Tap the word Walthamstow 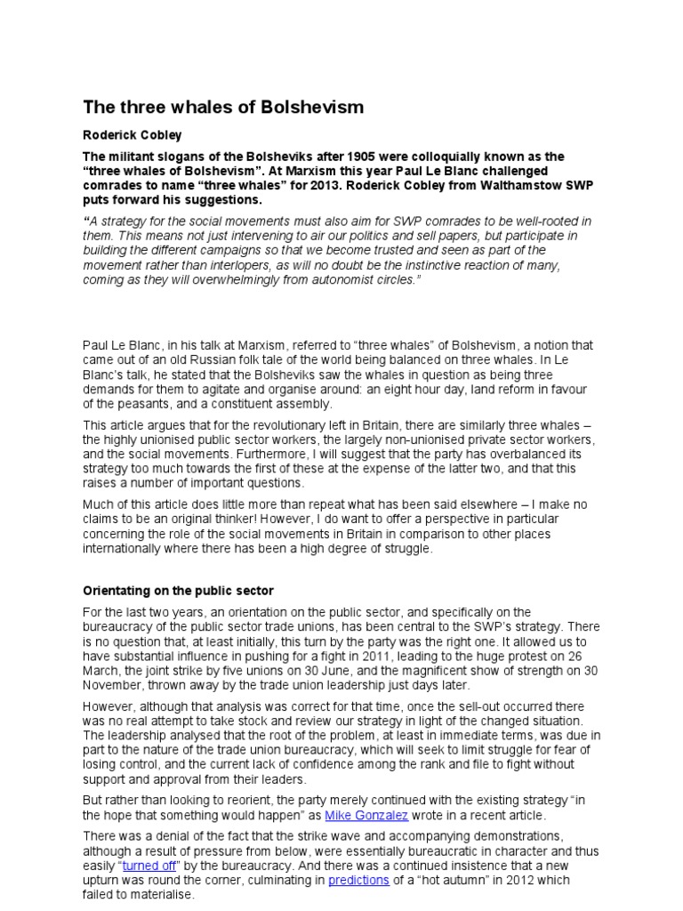click(477, 185)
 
